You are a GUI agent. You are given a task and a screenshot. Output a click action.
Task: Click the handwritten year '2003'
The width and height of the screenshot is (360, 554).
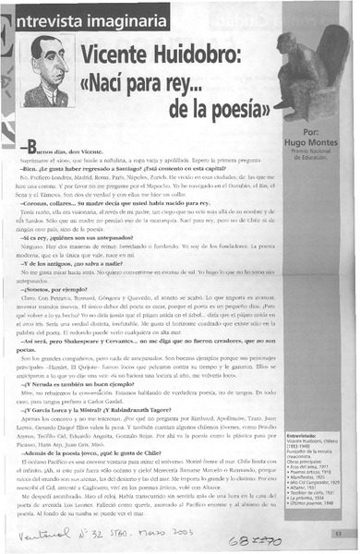coord(198,531)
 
